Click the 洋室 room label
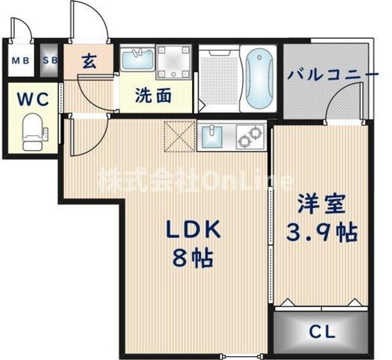(x=321, y=205)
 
